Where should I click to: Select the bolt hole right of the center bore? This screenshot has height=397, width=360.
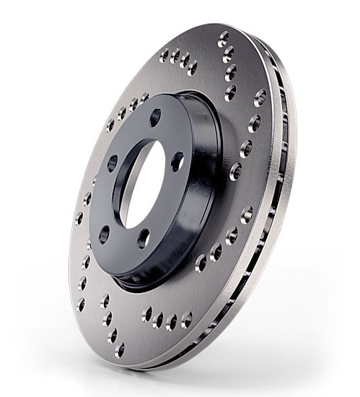177,163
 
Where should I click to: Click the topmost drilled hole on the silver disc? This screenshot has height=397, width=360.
224,38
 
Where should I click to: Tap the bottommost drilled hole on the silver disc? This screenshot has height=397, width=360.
120,350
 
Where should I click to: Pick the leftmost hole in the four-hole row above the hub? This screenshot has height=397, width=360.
164,54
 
